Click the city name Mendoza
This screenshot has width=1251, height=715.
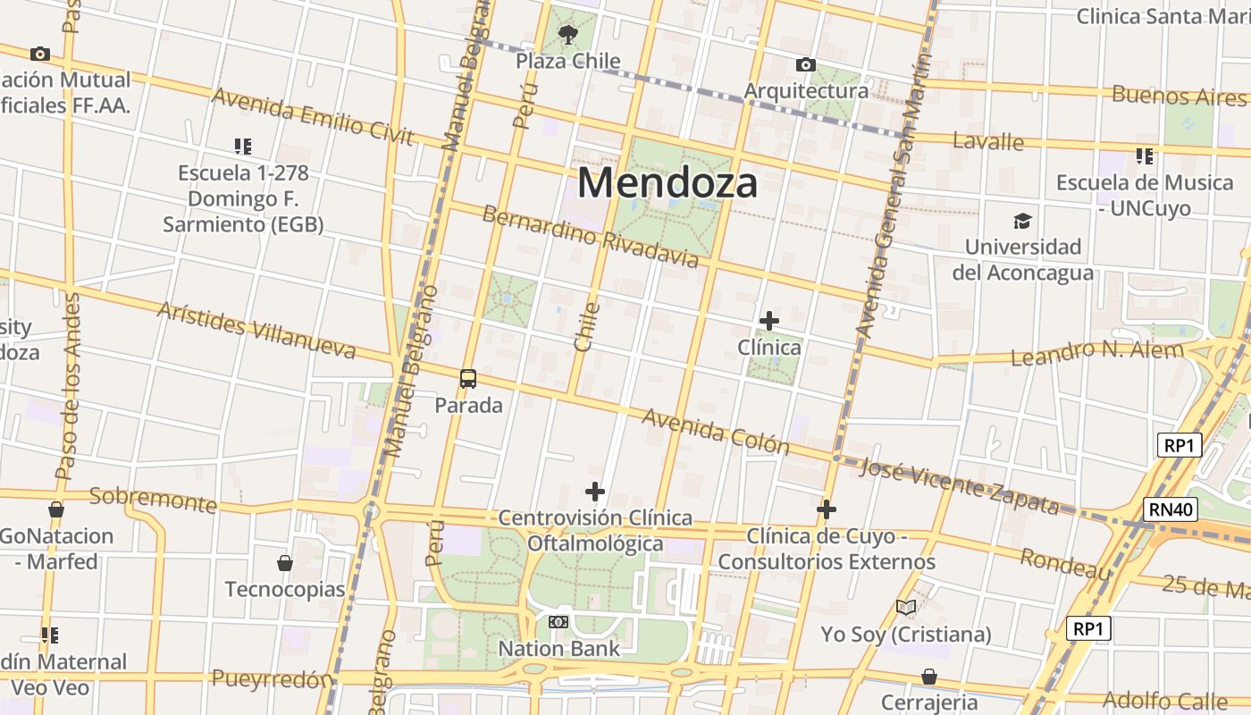[667, 182]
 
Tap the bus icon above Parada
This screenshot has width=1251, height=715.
[468, 378]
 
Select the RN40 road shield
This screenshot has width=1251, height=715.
[1170, 510]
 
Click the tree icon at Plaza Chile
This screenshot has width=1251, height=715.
[567, 35]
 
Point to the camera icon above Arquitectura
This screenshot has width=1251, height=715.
[805, 64]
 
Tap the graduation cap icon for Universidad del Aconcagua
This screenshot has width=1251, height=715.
[1022, 221]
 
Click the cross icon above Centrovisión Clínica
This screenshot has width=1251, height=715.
[595, 491]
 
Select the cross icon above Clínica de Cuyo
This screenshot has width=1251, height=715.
[827, 509]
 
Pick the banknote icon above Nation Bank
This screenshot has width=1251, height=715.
[558, 621]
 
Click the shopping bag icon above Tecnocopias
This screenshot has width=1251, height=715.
[285, 563]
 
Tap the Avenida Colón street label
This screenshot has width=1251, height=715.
[715, 431]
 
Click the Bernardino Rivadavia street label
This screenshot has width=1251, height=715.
[590, 237]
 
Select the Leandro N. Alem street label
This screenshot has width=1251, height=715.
[1096, 352]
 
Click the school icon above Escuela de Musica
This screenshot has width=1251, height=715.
[1145, 156]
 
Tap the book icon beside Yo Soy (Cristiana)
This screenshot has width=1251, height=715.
[906, 608]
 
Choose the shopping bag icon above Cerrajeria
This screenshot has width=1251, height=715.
[929, 676]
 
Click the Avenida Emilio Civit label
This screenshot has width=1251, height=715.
[313, 116]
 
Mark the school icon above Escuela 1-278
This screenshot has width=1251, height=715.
[242, 146]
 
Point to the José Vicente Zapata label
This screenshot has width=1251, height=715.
[959, 485]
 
